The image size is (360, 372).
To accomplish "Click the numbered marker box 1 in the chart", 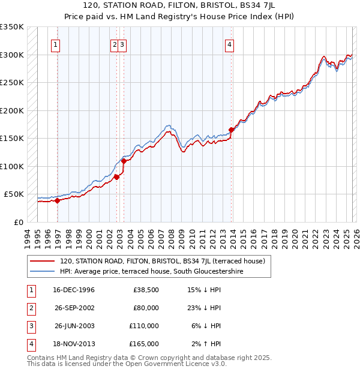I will point(55,44).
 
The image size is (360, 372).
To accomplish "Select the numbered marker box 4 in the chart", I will point(230,44).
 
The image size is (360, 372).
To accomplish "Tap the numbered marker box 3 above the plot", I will point(122,44).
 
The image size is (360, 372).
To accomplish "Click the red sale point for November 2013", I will point(232,130).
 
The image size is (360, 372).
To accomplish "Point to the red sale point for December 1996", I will point(58,201).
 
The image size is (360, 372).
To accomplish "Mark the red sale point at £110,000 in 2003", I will point(124,161).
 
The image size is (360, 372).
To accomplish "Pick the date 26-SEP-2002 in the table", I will point(74,308).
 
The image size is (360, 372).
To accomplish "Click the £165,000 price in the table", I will point(144,344).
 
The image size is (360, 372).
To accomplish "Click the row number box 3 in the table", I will point(30,326).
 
